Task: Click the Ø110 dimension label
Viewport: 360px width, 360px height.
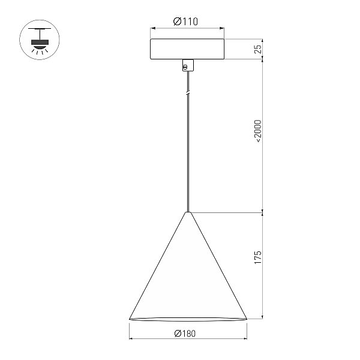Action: tap(185, 22)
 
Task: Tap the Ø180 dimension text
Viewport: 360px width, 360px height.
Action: tap(185, 334)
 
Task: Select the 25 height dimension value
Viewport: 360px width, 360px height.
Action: tap(258, 49)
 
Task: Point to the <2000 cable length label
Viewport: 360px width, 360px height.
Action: tap(258, 131)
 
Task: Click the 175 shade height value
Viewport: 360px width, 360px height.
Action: tap(258, 257)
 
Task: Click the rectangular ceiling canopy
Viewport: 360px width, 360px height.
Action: tap(187, 49)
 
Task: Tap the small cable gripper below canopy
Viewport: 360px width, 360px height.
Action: tap(188, 65)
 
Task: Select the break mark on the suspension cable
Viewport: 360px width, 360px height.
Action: tap(188, 93)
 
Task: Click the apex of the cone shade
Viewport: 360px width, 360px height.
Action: tap(188, 212)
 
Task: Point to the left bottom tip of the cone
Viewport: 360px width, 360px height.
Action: tap(130, 319)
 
